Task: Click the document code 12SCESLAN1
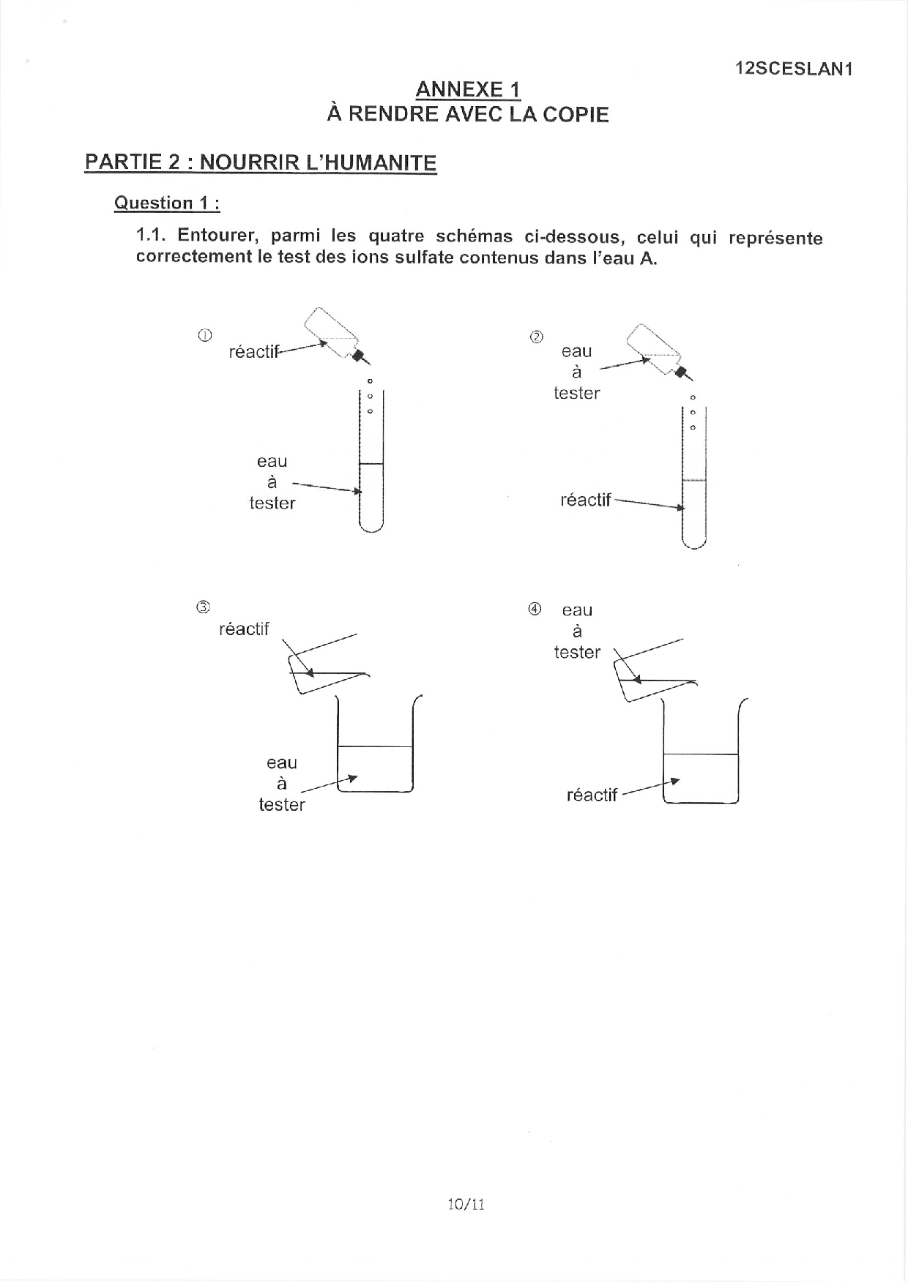point(794,69)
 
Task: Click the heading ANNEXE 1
point(468,90)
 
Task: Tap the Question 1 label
point(167,203)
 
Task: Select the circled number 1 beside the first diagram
point(205,335)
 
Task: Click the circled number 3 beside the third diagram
point(202,607)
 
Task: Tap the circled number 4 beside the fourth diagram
point(535,609)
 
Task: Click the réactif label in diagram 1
point(254,352)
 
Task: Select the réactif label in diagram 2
point(585,500)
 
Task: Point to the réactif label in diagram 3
point(244,629)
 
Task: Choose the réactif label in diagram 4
point(592,795)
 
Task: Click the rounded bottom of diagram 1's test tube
point(371,525)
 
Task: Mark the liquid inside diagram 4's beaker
point(700,779)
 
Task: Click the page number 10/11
point(466,1204)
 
